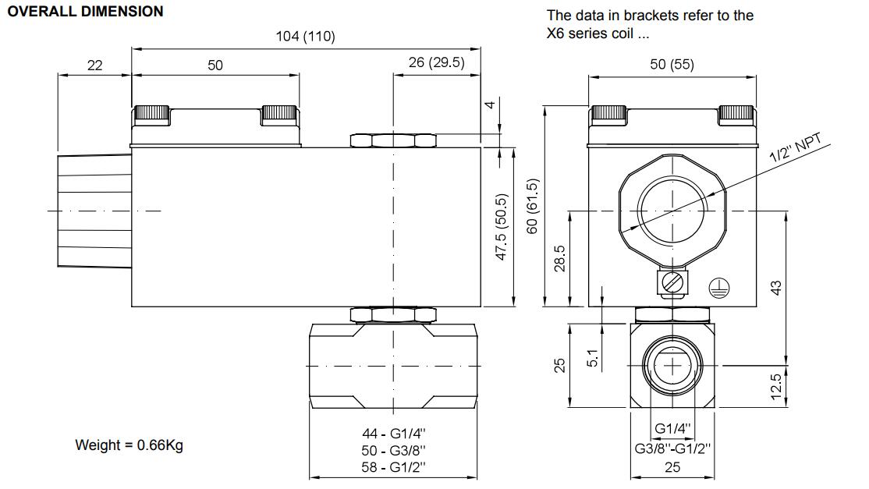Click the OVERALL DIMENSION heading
[x=85, y=12]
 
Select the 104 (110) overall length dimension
[x=305, y=37]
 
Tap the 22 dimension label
[x=94, y=66]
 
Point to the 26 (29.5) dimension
[x=437, y=62]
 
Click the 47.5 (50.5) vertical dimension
[x=502, y=227]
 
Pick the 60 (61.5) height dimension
[x=532, y=206]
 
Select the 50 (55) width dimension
[x=672, y=64]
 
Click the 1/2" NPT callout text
[x=796, y=147]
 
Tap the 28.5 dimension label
[x=560, y=259]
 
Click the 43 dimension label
[x=776, y=288]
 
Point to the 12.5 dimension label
[x=776, y=387]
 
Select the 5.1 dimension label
[x=592, y=358]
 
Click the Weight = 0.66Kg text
[x=129, y=445]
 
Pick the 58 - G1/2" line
[x=393, y=467]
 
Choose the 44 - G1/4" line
[x=393, y=434]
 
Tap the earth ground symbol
[x=719, y=288]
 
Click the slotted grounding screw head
[x=672, y=283]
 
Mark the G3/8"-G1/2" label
[x=672, y=448]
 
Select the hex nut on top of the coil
[x=393, y=140]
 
